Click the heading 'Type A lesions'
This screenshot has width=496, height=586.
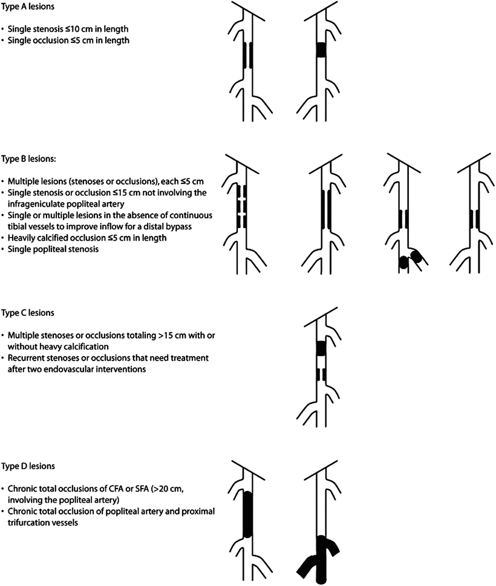tap(28, 7)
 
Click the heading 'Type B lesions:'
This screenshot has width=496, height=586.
tap(28, 159)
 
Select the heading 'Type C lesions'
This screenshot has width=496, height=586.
tap(28, 313)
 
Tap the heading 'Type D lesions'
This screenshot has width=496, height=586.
tap(28, 466)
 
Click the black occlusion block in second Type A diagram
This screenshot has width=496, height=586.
tap(321, 50)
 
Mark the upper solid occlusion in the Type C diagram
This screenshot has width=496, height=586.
tap(321, 348)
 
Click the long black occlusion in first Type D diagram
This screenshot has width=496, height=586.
tap(248, 515)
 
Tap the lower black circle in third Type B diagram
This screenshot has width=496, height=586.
tap(403, 263)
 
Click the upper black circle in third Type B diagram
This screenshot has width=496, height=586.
tap(416, 256)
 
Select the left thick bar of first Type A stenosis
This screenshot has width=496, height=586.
tap(245, 55)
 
